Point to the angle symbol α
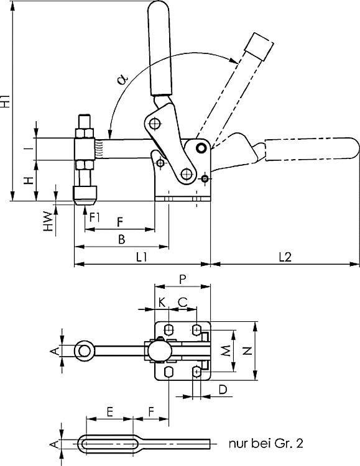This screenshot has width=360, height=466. [x=122, y=78]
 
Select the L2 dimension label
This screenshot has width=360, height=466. [x=285, y=256]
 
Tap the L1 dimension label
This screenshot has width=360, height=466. [x=141, y=256]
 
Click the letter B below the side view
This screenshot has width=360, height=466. [x=121, y=239]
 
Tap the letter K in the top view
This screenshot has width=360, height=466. [x=162, y=301]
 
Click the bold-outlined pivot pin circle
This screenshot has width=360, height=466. [x=200, y=148]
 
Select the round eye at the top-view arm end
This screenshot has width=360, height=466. [x=83, y=351]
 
